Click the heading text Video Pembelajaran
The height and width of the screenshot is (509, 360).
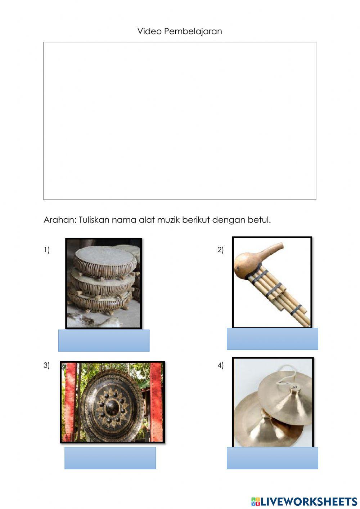[180, 31]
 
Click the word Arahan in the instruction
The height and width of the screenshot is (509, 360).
[59, 220]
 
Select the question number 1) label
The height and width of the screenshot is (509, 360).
[47, 250]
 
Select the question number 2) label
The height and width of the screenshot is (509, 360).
[221, 250]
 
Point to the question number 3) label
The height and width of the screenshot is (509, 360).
[47, 365]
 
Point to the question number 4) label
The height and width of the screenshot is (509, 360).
[221, 365]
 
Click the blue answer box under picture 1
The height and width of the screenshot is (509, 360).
[104, 340]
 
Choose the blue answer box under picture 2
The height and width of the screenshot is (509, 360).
[272, 339]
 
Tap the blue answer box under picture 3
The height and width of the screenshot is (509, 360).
[110, 458]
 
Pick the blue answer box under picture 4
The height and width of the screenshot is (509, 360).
[272, 458]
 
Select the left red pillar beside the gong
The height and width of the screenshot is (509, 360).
[71, 402]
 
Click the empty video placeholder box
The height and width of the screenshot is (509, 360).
[180, 121]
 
